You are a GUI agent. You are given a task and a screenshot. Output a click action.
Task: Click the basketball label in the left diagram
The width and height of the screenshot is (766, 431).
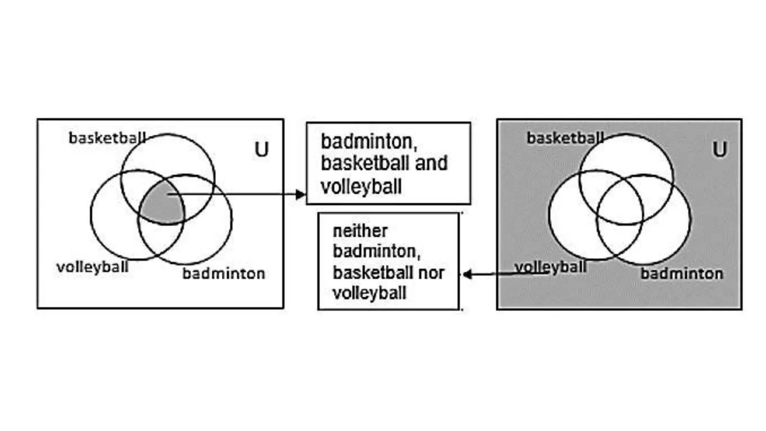107,138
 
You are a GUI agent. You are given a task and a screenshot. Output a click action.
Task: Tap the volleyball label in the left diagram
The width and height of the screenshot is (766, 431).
92,267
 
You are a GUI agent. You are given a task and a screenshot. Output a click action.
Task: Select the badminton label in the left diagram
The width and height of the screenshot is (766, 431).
224,273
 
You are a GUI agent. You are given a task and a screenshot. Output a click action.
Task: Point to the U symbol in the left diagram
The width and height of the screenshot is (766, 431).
261,149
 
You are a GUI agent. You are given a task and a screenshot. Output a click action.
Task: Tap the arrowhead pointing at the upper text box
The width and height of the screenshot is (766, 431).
300,194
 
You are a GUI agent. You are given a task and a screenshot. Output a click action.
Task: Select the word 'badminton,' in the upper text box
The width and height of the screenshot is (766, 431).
369,141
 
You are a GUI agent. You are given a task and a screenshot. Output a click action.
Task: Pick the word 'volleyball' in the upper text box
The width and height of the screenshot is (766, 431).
361,186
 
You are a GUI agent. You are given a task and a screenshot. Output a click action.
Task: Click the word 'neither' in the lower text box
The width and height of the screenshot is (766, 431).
360,231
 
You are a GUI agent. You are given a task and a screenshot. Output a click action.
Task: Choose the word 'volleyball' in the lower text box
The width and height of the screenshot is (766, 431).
370,293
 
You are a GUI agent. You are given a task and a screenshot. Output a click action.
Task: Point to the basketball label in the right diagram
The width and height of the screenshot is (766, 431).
565,138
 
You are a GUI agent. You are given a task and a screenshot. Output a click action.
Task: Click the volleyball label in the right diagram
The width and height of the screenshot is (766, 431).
550,267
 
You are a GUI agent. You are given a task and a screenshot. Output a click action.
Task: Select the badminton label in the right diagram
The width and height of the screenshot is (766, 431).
682,273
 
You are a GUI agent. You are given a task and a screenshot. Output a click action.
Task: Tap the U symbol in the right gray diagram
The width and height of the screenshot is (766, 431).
720,149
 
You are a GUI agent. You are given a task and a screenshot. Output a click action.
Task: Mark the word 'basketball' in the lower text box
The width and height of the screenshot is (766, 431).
370,273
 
